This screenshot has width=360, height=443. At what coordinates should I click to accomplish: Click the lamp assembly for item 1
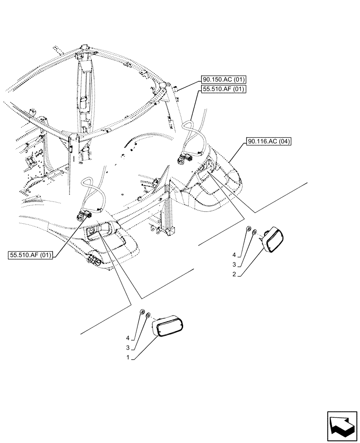(168, 326)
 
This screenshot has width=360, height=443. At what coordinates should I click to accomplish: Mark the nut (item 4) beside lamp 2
(248, 229)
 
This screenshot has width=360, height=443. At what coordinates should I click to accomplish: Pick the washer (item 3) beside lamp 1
(148, 316)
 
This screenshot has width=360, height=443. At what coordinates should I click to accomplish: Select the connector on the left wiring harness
(83, 216)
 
